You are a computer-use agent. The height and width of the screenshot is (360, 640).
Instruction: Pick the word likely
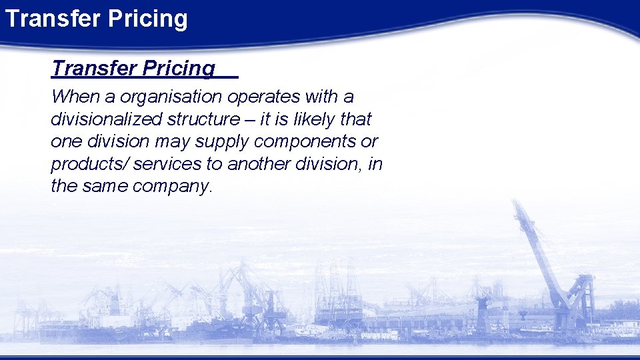click(314, 119)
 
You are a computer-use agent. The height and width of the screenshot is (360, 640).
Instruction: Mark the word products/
click(80, 164)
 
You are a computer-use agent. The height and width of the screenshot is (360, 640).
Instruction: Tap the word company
click(172, 187)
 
